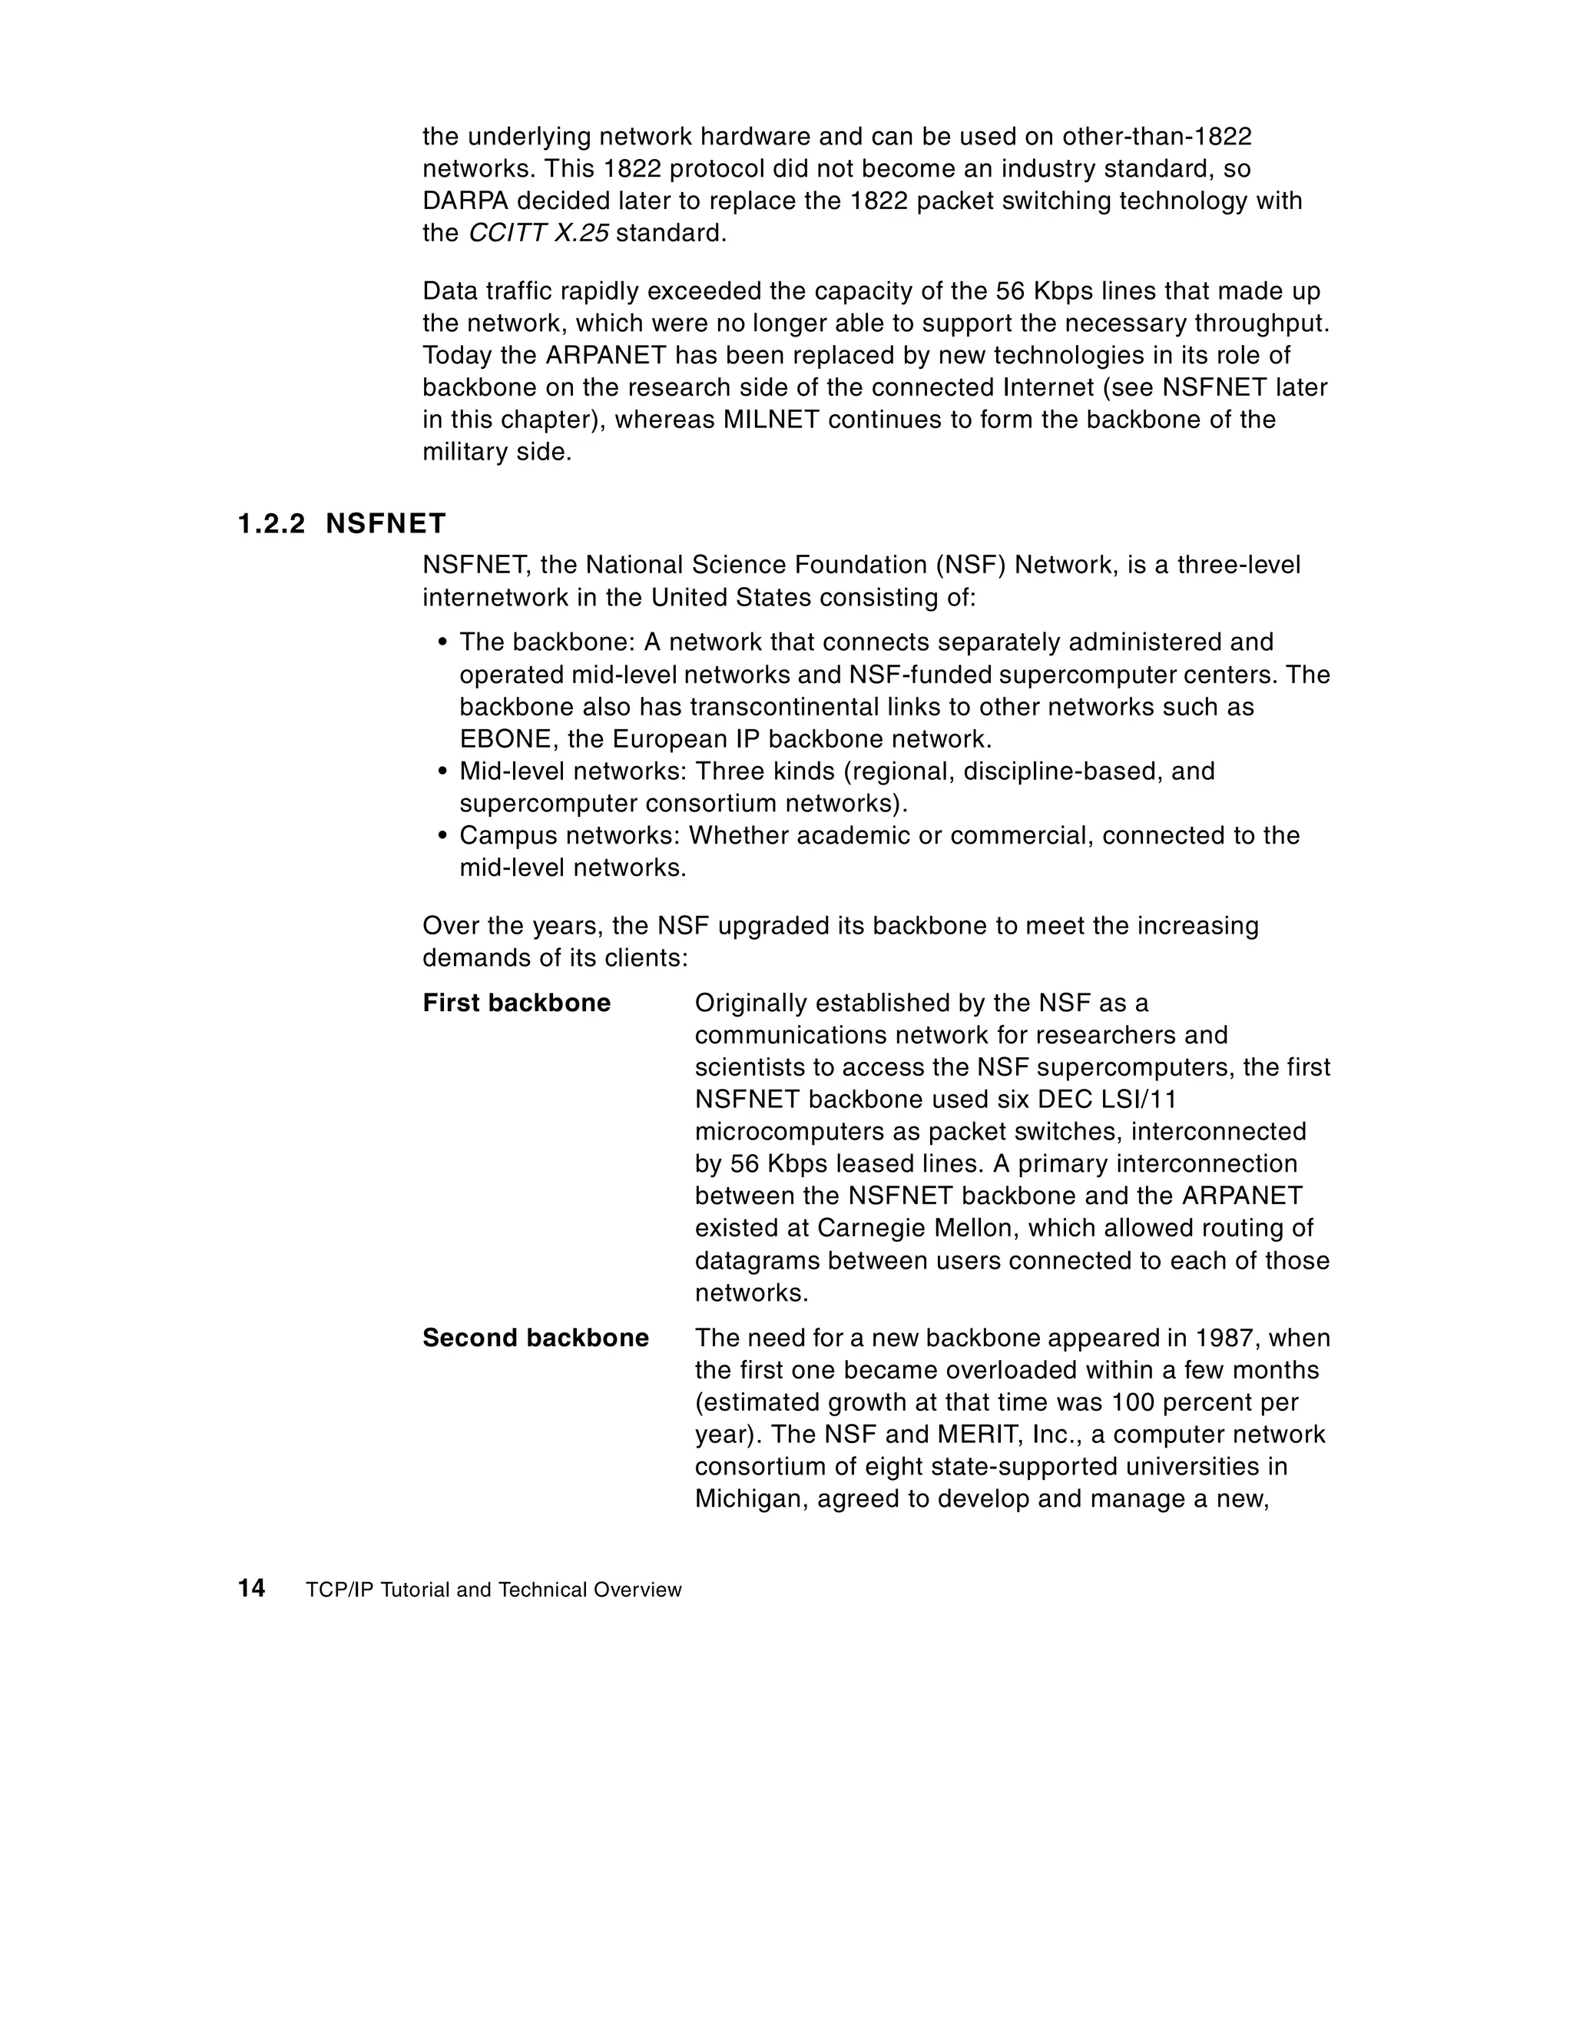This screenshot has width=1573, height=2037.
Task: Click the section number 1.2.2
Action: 270,524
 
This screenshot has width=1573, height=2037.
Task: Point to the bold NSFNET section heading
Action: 386,524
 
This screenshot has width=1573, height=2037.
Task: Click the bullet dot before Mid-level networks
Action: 443,772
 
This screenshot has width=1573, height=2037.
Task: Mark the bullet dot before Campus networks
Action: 443,837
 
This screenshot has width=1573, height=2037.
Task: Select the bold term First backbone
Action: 517,1004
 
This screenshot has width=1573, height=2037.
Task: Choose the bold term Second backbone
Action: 535,1339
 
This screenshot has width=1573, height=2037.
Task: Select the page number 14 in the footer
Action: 252,1588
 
